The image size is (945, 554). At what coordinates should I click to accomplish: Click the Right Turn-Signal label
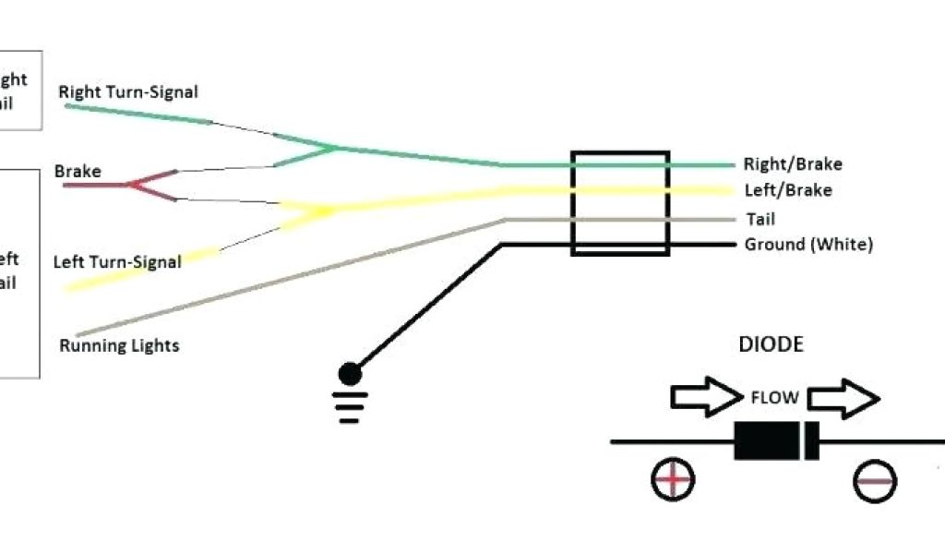pos(128,92)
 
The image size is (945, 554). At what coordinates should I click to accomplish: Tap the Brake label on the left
pos(78,172)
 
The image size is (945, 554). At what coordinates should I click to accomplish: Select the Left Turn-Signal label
pos(117,262)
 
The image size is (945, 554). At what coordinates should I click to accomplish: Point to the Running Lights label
pos(119,346)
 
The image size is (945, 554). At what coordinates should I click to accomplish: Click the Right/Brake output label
pos(793,164)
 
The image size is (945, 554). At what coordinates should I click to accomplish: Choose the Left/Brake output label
pos(788,191)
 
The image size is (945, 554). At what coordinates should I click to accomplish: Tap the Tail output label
pos(760,219)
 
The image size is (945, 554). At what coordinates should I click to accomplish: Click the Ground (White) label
pos(808,245)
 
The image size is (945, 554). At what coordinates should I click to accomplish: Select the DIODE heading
pos(771,345)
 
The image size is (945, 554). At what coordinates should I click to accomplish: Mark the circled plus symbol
pos(673,479)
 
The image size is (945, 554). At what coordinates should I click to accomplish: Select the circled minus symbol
pos(874,480)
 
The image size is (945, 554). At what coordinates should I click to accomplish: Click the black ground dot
pos(350,374)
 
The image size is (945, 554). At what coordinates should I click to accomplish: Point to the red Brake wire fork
pos(138,185)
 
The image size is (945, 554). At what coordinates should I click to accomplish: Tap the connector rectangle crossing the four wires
pos(620,203)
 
